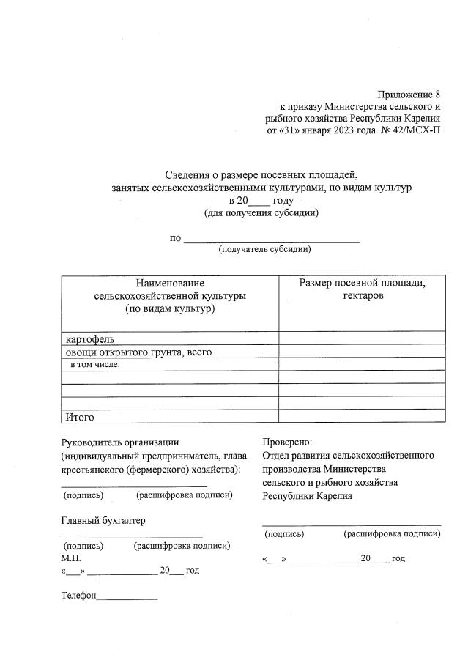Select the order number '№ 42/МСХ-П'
pos(411,130)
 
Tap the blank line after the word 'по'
pos(271,240)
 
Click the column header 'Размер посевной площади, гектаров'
pos(362,289)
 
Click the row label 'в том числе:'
pos(94,364)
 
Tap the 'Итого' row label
pos(81,417)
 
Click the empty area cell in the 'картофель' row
pos(362,339)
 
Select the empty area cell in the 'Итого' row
pos(362,416)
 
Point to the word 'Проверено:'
pos(287,442)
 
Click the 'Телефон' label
pos(78,596)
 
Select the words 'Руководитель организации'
pos(119,442)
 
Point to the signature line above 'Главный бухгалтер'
pos(133,486)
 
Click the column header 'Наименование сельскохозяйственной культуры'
pos(170,296)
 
